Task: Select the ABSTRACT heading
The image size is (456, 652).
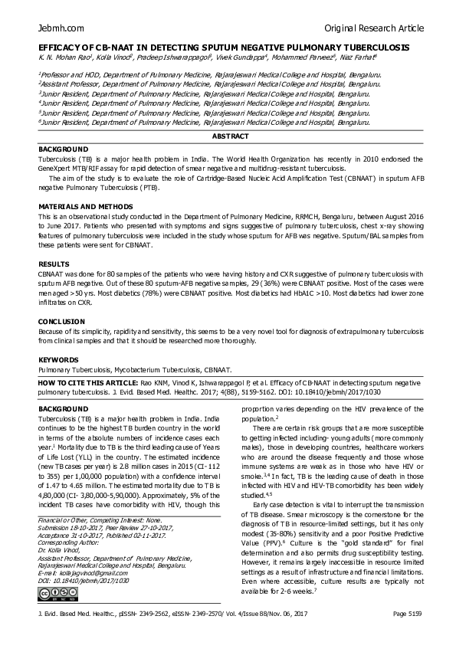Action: (230, 136)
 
